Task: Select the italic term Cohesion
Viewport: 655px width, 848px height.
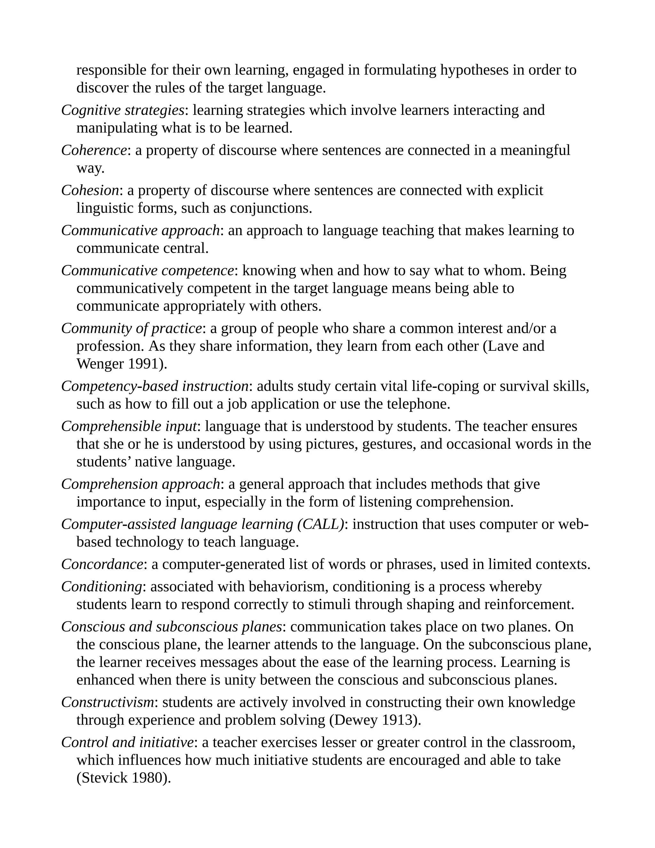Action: click(90, 190)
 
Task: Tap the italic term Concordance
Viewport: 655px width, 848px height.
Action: click(102, 564)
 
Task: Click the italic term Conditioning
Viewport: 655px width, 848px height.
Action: click(102, 586)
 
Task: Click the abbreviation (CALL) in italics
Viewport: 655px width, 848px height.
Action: click(320, 524)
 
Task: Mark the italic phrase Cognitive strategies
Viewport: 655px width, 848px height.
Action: click(122, 110)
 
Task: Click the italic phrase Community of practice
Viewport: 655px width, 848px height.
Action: click(131, 329)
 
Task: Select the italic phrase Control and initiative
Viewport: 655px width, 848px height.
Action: click(127, 742)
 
